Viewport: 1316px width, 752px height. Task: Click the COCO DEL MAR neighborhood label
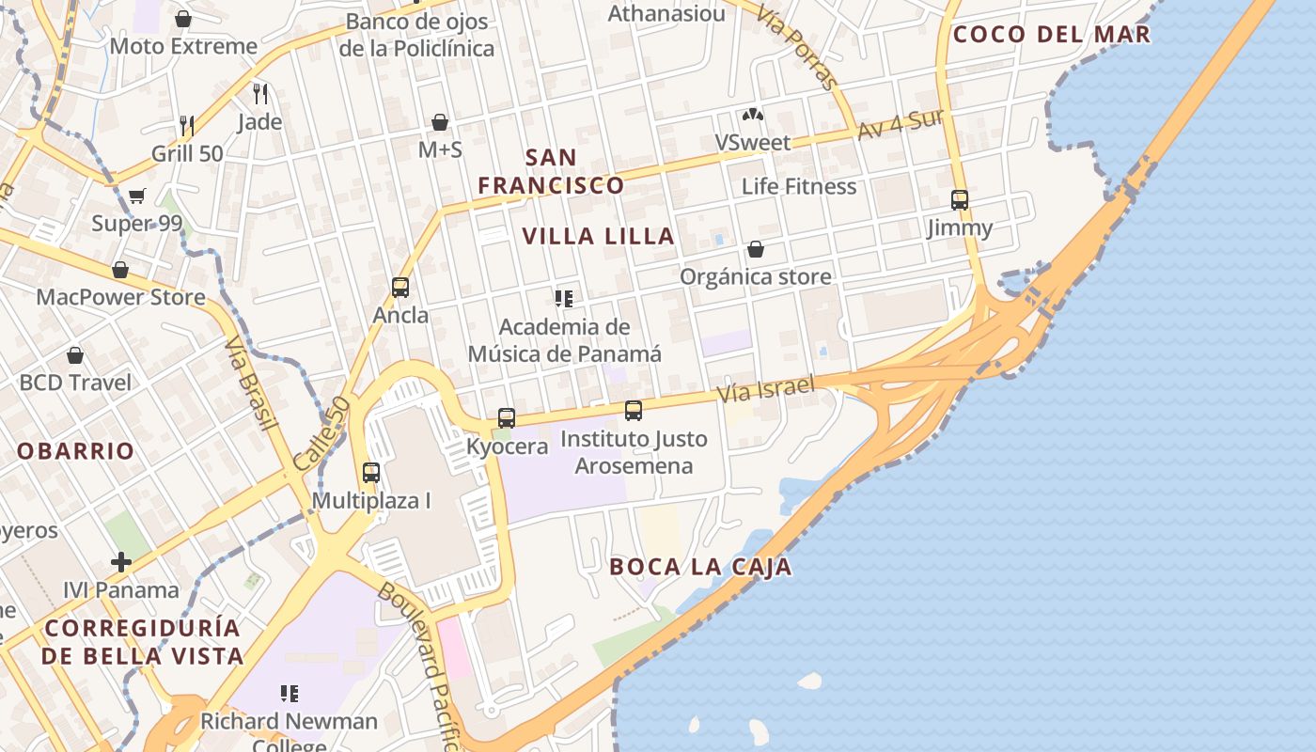[1051, 35]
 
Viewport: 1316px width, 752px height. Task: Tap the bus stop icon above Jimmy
[959, 199]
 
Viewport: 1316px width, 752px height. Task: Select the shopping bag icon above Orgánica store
[755, 249]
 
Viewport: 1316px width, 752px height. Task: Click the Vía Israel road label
[765, 387]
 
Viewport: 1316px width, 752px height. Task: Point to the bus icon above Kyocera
[507, 417]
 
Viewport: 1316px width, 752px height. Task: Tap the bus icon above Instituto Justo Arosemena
[634, 410]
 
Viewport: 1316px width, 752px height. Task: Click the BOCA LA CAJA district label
[700, 567]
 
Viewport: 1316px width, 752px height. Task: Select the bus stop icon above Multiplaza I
[371, 472]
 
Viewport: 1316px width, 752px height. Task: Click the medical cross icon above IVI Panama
[121, 562]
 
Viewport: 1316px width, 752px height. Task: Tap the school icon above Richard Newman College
[290, 694]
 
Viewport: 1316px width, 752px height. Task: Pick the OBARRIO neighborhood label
[76, 451]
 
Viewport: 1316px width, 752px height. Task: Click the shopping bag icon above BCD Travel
[75, 355]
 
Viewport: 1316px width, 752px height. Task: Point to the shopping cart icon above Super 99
[137, 196]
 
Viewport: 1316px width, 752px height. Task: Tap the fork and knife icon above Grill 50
[187, 124]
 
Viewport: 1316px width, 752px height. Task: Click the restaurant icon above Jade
[260, 93]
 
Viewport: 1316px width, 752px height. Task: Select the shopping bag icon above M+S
[439, 121]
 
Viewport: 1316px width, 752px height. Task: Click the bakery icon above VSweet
[752, 115]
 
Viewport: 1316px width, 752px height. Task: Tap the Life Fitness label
[799, 186]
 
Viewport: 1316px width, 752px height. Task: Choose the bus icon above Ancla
[400, 287]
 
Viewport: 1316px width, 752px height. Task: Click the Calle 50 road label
[321, 433]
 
